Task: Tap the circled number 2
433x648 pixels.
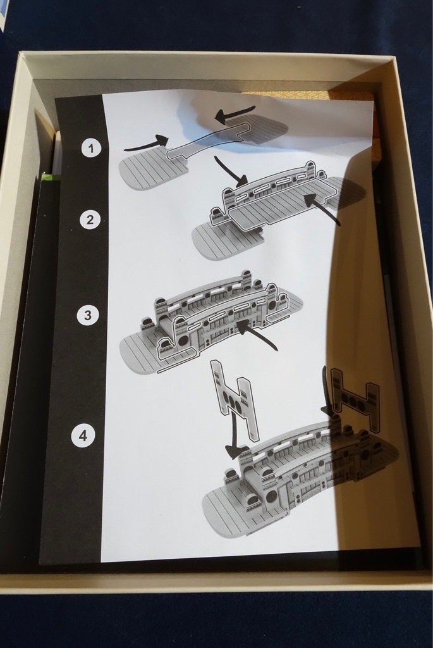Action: pyautogui.click(x=90, y=220)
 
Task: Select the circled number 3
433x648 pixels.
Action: pyautogui.click(x=87, y=315)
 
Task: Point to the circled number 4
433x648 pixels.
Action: pyautogui.click(x=83, y=435)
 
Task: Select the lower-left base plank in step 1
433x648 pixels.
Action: pyautogui.click(x=153, y=170)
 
